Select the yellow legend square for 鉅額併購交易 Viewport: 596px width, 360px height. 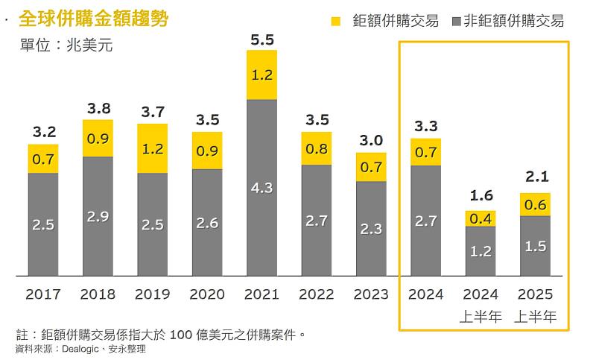click(x=335, y=21)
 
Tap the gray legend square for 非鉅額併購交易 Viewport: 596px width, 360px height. click(x=456, y=21)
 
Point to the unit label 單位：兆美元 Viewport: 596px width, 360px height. click(x=66, y=45)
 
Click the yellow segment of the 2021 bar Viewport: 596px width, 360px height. click(x=261, y=75)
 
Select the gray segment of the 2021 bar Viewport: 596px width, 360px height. click(x=261, y=187)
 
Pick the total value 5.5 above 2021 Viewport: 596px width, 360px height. click(x=261, y=40)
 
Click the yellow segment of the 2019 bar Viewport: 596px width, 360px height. click(x=153, y=148)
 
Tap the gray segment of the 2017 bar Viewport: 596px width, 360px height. click(x=43, y=224)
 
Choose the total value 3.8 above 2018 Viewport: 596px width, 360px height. click(x=98, y=109)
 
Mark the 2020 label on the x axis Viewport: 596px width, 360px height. click(x=207, y=294)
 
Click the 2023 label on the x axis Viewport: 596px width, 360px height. click(x=370, y=294)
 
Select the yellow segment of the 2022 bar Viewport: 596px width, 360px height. click(x=316, y=148)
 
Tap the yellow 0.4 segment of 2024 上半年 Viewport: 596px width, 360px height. click(x=480, y=218)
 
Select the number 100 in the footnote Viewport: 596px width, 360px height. click(x=184, y=332)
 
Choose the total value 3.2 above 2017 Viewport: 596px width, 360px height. click(x=43, y=133)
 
